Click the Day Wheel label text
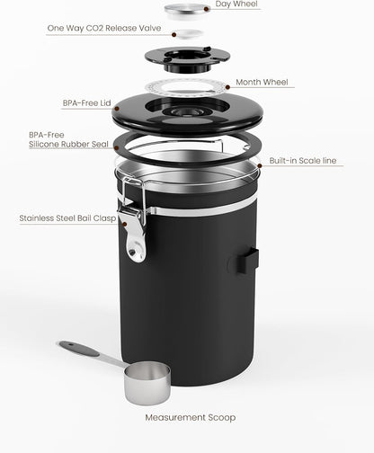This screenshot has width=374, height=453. click(x=236, y=5)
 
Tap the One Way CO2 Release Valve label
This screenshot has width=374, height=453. click(x=103, y=28)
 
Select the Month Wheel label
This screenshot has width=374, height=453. click(x=263, y=82)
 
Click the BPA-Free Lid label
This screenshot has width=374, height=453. click(x=85, y=103)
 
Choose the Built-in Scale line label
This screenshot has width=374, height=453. click(x=303, y=161)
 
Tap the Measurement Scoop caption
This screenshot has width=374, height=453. click(x=187, y=417)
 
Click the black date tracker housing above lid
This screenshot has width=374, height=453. click(x=186, y=58)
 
